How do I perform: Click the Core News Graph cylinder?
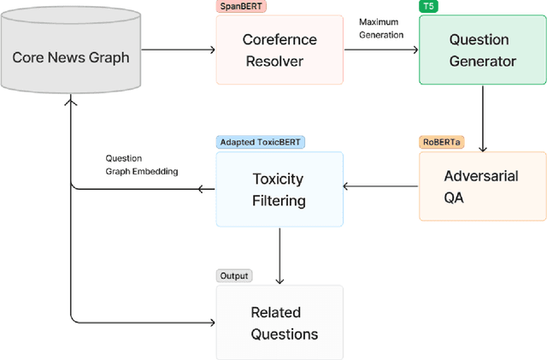click(x=71, y=58)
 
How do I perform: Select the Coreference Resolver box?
click(x=279, y=50)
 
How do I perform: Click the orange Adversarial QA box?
click(x=482, y=186)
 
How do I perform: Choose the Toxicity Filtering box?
click(x=279, y=190)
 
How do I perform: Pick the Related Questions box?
click(x=279, y=322)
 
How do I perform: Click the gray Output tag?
click(x=233, y=275)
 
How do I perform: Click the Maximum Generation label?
click(x=381, y=28)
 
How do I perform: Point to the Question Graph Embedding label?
click(x=142, y=164)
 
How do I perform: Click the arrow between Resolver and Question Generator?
click(x=380, y=50)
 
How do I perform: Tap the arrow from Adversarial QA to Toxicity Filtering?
click(x=380, y=186)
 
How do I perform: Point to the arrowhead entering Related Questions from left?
click(x=210, y=322)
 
